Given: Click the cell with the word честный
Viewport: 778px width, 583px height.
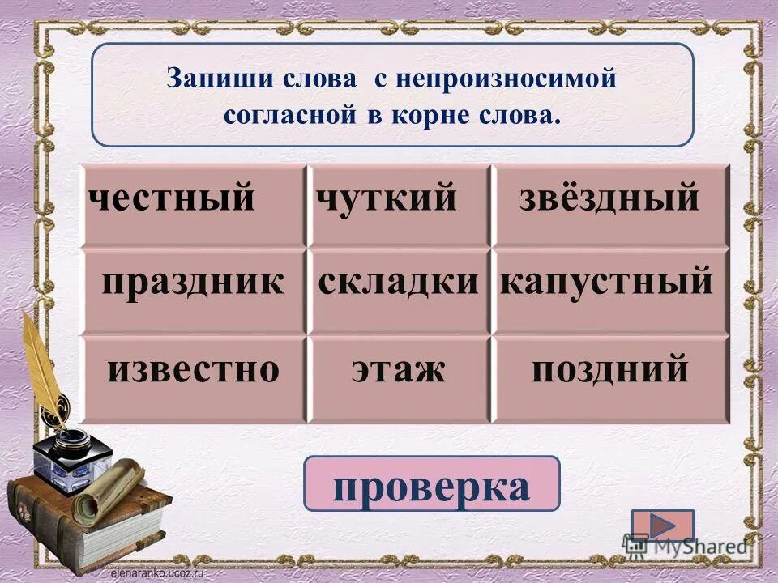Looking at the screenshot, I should (x=172, y=199).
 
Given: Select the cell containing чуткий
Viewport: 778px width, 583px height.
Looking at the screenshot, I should (x=387, y=199).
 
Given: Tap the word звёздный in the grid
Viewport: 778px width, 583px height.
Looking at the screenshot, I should (x=609, y=199).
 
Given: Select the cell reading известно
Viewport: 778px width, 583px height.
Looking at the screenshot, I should (x=193, y=371).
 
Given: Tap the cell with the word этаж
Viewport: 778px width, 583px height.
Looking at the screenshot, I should (x=399, y=371).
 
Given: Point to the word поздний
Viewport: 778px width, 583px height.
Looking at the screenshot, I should (x=610, y=371).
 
